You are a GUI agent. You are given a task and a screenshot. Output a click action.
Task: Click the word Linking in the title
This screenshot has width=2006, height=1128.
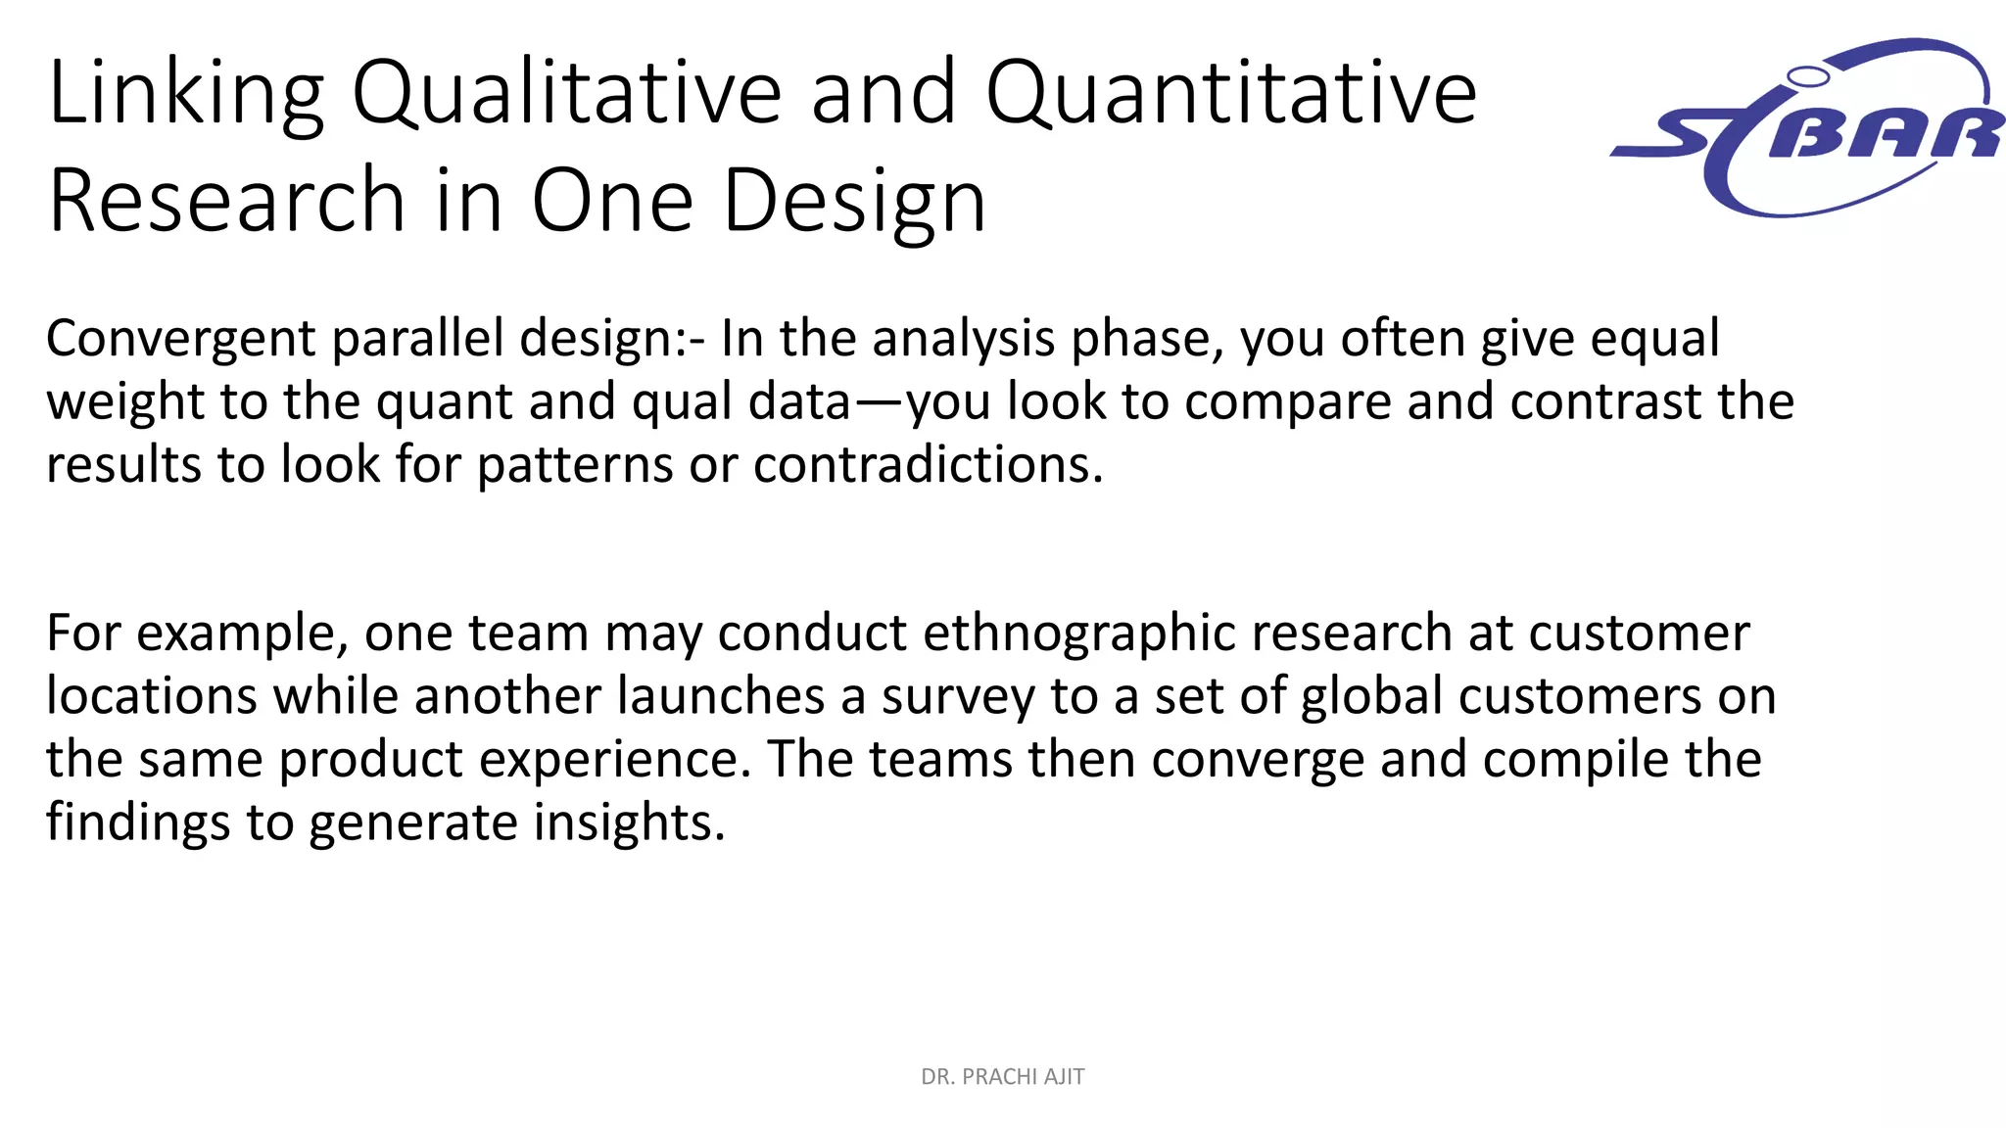(185, 94)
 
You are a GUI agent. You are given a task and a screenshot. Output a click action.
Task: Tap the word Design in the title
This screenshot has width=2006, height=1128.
(854, 201)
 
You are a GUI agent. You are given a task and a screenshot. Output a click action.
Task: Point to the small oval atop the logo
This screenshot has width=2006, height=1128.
(1808, 75)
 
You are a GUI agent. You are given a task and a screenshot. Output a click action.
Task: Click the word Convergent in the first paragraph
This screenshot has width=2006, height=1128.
(180, 339)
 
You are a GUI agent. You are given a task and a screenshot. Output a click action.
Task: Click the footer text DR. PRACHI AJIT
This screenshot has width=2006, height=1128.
(1002, 1077)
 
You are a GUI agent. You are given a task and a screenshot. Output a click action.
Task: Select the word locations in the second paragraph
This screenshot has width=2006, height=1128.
(151, 697)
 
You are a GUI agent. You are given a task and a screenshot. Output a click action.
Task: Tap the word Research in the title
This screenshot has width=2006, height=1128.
(226, 201)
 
